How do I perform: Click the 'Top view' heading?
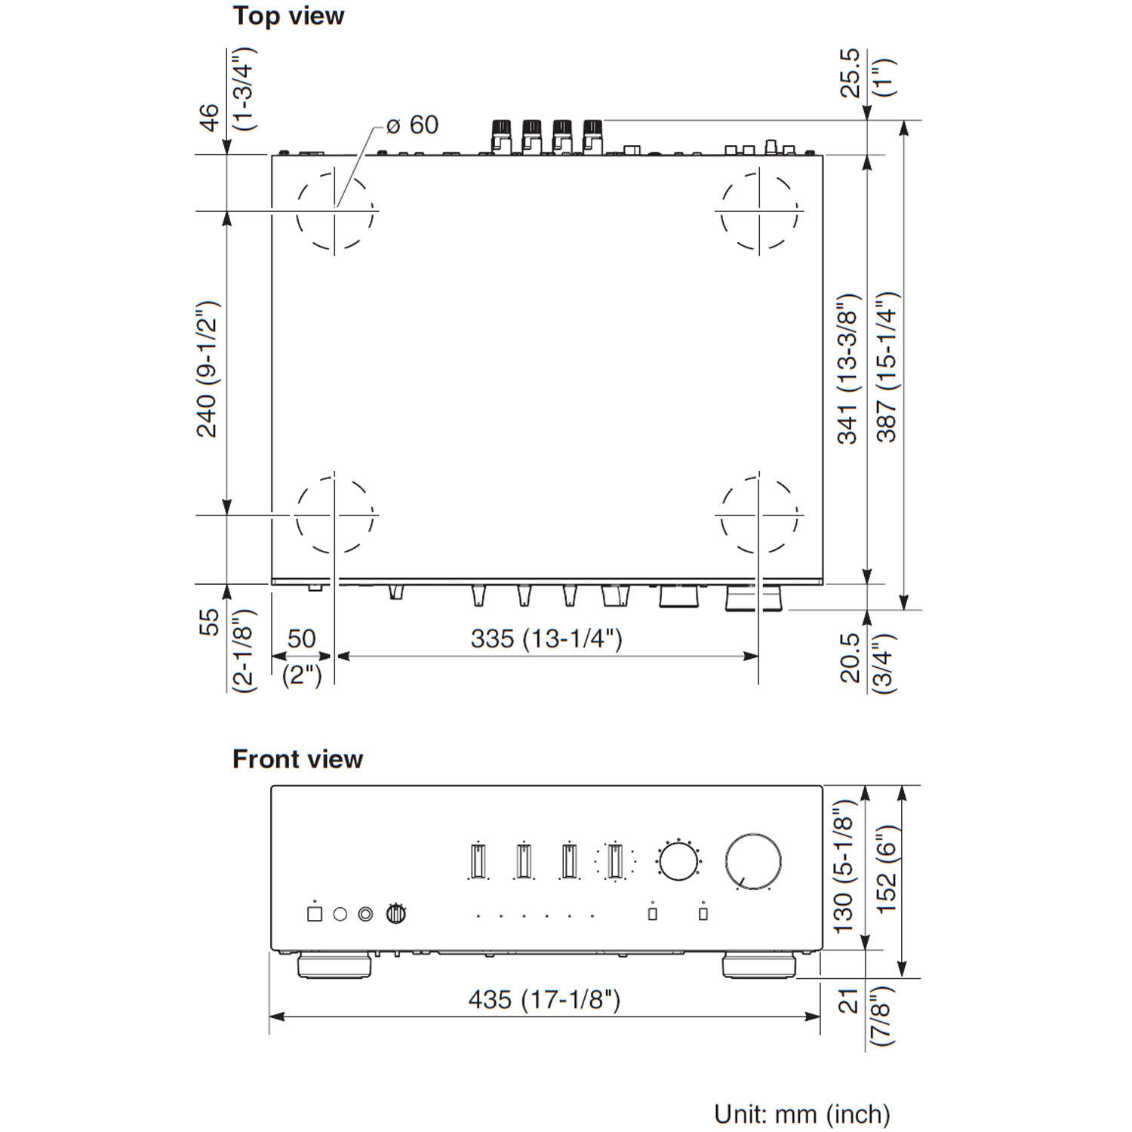click(x=288, y=16)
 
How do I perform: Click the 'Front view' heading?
click(x=297, y=758)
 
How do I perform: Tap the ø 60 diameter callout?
click(x=412, y=125)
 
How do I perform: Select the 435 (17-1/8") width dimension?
click(x=544, y=999)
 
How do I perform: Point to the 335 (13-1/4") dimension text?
click(x=546, y=638)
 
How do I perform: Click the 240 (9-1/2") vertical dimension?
click(x=208, y=369)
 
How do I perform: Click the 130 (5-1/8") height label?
click(x=843, y=865)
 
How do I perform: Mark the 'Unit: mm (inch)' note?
click(x=802, y=1114)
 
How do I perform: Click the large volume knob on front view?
click(x=753, y=861)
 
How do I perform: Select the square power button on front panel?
click(x=315, y=914)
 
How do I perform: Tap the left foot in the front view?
click(x=334, y=965)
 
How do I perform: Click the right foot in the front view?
click(x=759, y=965)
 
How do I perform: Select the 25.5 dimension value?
click(x=850, y=72)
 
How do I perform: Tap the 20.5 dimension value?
click(x=850, y=658)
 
